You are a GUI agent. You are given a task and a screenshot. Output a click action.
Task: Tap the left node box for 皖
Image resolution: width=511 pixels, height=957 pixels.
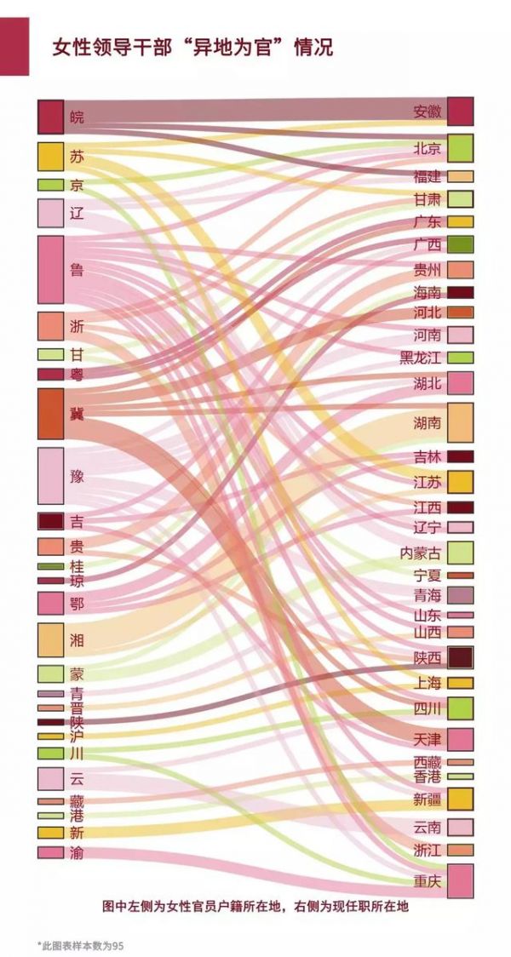[50, 117]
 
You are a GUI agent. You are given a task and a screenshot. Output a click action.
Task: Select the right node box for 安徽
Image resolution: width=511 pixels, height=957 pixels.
[460, 112]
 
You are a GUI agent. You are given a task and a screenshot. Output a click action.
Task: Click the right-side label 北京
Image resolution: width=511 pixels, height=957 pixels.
[427, 149]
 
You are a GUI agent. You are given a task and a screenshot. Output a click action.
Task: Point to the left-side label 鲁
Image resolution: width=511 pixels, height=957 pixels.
[77, 270]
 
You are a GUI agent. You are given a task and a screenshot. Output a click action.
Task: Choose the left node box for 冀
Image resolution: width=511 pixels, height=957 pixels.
[50, 413]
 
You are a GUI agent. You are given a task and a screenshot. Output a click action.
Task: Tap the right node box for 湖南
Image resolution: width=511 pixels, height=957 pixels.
[460, 422]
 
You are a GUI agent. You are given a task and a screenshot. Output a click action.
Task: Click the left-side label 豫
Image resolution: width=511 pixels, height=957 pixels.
[77, 476]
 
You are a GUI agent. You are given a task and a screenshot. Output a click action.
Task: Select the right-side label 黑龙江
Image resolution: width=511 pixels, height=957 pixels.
[421, 358]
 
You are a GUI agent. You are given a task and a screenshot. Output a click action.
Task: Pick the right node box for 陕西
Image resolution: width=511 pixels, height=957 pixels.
[460, 657]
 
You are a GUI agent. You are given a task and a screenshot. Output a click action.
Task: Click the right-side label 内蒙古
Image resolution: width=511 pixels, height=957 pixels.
[420, 553]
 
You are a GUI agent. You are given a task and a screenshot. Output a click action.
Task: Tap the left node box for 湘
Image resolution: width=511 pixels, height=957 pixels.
[50, 639]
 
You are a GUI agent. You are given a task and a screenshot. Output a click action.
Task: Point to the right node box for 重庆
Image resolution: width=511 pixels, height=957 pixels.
[460, 881]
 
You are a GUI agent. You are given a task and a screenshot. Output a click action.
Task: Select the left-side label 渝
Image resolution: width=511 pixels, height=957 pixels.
[77, 852]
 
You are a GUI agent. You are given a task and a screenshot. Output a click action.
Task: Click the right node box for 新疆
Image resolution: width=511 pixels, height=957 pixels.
[460, 799]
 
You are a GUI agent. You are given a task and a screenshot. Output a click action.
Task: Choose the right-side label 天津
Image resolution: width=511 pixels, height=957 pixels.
[427, 738]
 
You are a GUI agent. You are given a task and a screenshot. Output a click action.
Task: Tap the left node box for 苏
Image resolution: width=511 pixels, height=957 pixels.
[50, 157]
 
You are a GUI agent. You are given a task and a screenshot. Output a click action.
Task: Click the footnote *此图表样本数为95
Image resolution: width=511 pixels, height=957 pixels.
[80, 945]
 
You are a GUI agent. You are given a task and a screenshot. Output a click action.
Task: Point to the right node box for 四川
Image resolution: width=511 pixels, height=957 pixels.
[460, 708]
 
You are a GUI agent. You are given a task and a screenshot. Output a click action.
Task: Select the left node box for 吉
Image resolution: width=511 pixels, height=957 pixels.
[50, 521]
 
